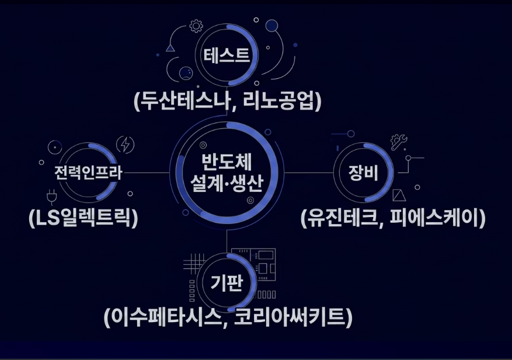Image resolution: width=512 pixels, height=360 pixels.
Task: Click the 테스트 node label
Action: coord(226,56)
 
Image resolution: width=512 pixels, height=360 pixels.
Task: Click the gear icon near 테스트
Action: coord(196,26)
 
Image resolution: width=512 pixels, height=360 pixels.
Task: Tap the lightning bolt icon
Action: coord(125,144)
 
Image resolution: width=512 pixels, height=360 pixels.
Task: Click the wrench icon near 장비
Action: coord(399,142)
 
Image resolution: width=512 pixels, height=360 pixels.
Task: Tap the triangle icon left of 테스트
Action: coord(170,48)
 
